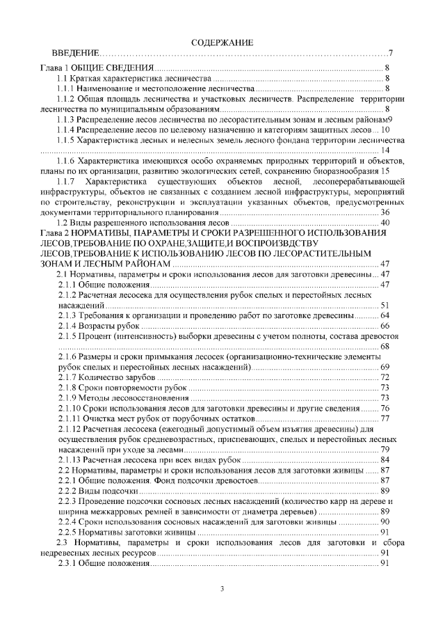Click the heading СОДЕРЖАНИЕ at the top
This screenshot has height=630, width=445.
(222, 43)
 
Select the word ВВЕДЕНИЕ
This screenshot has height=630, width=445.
(77, 54)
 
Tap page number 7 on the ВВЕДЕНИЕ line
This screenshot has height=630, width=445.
(391, 54)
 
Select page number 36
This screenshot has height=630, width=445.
(385, 212)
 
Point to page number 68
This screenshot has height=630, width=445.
(385, 346)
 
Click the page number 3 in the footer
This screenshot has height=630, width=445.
(222, 590)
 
